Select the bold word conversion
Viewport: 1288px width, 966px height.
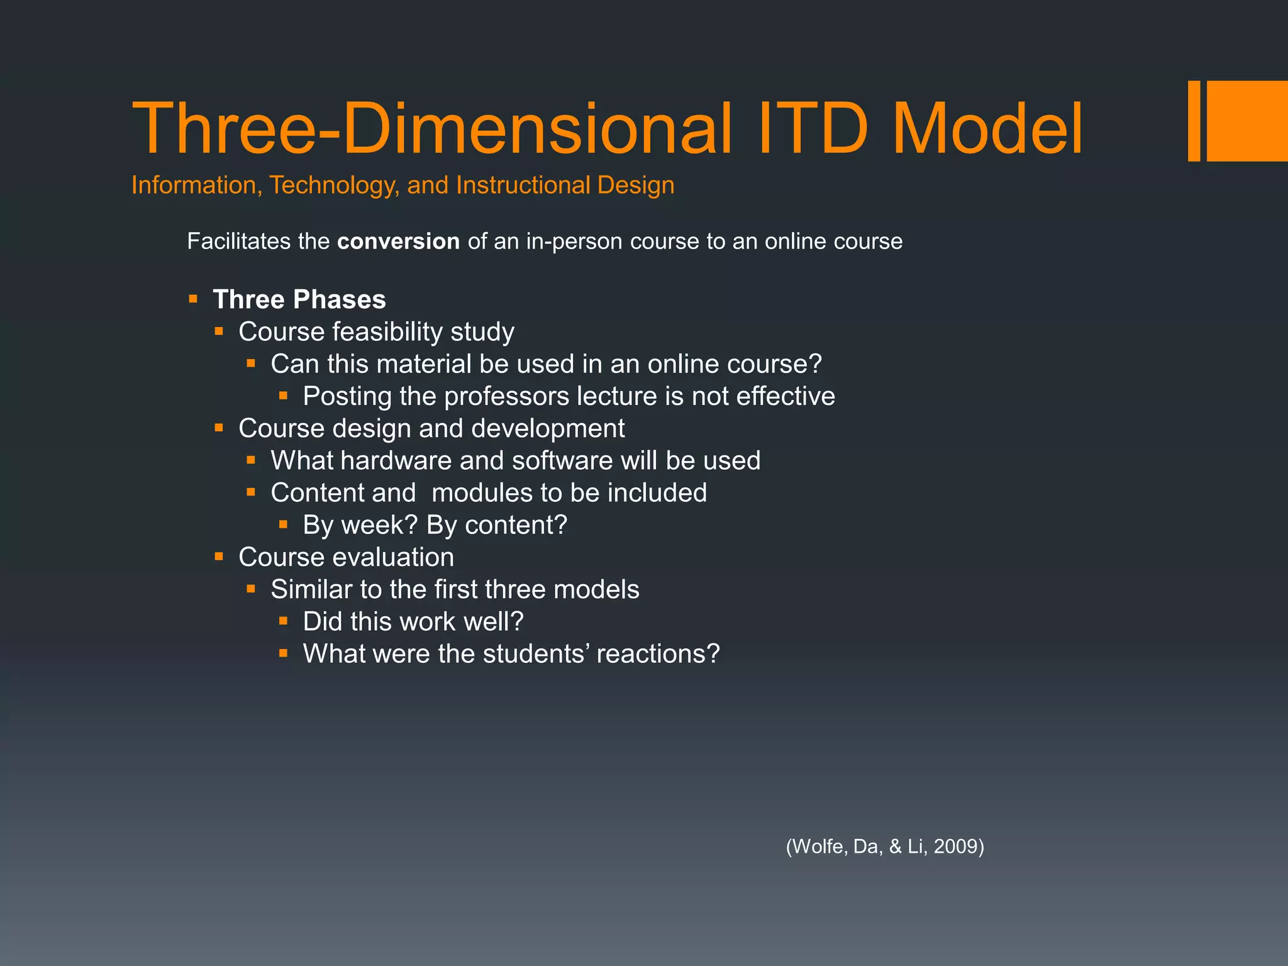click(398, 241)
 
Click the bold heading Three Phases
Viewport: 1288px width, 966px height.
click(299, 299)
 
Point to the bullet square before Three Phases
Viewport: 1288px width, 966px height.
click(193, 299)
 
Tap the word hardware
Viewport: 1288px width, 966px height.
click(397, 460)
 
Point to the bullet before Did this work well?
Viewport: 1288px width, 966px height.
click(284, 621)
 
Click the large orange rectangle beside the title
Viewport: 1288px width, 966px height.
click(1246, 121)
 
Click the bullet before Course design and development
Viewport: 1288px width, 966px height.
click(219, 428)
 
